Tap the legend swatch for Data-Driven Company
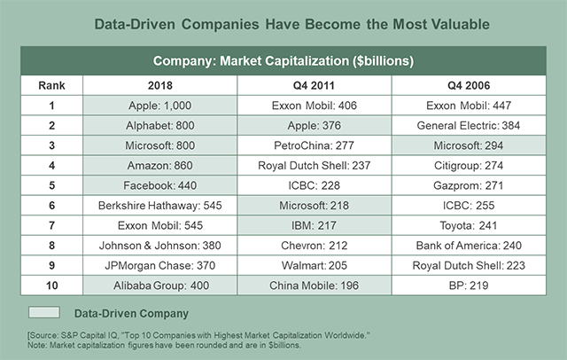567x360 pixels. click(x=43, y=312)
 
